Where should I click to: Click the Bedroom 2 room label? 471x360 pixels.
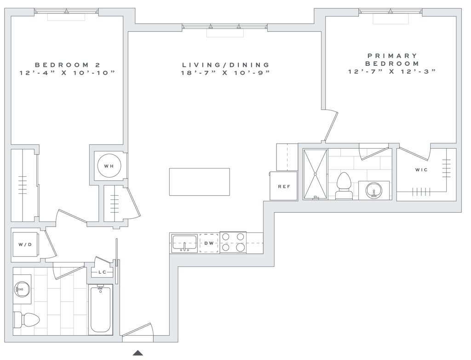67,68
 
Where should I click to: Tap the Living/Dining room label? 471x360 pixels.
225,68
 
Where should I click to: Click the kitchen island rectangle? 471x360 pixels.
200,181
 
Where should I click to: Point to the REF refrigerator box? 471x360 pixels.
282,186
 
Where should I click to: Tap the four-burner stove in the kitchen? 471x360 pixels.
234,243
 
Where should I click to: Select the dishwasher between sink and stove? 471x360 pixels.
209,243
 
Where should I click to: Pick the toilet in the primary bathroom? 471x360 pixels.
343,185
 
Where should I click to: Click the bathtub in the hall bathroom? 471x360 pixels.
100,308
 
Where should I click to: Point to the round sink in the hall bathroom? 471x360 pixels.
22,289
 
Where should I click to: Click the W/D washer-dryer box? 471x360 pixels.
24,244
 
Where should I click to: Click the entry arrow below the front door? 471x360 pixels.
136,353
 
